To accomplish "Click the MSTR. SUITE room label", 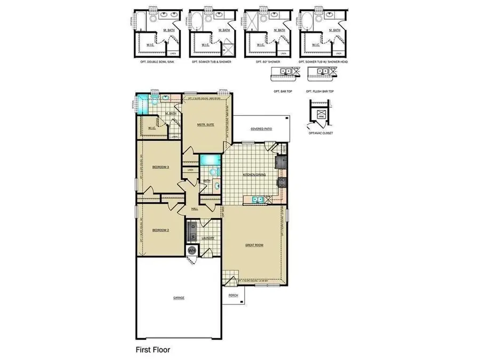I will (x=205, y=124).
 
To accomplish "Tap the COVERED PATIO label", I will (x=261, y=129).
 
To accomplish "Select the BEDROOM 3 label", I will (x=161, y=167).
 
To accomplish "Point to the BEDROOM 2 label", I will (x=161, y=230).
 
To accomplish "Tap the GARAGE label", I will (x=179, y=298).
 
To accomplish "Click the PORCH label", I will (x=233, y=295).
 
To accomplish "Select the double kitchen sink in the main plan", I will (x=257, y=201).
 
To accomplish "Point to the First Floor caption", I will (x=152, y=350).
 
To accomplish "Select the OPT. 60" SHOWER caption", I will (x=267, y=62).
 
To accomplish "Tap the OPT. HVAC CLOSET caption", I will (x=321, y=133).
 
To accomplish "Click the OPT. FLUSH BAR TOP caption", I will (x=321, y=91).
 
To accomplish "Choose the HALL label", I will (x=195, y=209).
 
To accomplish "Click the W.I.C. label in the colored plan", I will (x=151, y=127).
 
